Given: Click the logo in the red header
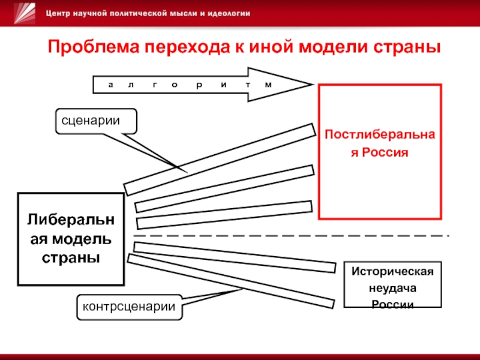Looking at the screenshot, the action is point(25,13).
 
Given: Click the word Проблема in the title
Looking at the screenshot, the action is point(94,47).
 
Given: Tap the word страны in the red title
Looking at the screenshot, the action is point(407,47).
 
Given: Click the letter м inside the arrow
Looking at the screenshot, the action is point(268,85).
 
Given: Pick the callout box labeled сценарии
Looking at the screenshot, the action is point(96,121).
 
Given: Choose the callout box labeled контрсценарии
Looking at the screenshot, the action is point(129,307).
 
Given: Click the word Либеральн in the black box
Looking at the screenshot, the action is point(71,220).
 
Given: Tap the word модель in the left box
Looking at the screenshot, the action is point(82,239).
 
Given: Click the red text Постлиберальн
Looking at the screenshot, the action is point(380,134).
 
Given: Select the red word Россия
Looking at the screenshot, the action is point(385,152).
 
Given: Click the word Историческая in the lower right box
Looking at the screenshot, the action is point(392,271).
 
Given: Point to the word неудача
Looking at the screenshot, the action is point(392,288).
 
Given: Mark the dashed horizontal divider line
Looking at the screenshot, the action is point(292,236).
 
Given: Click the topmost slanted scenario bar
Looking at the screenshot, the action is point(220,159).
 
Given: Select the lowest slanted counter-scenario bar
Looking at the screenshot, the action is point(231,281).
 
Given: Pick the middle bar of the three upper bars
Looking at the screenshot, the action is point(224,188).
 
